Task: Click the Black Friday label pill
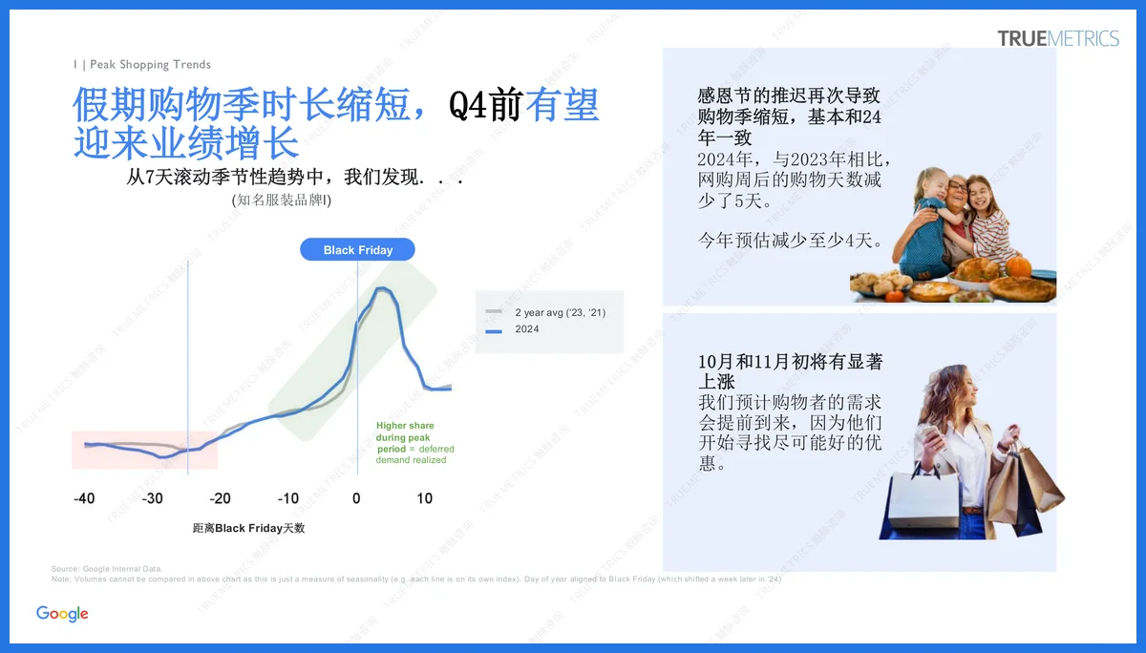point(358,250)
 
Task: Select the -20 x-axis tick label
point(220,498)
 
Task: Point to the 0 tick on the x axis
point(356,498)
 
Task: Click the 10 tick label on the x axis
point(425,498)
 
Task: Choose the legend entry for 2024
point(526,329)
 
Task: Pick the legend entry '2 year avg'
point(560,313)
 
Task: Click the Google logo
point(62,614)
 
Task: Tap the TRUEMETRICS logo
point(1058,38)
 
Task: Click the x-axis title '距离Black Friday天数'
point(248,528)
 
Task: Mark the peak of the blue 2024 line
point(383,288)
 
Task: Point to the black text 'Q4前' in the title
point(485,106)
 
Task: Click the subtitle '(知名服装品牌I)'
point(281,200)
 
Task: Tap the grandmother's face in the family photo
point(954,197)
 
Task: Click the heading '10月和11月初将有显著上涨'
point(790,371)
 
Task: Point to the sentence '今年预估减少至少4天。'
point(791,241)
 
